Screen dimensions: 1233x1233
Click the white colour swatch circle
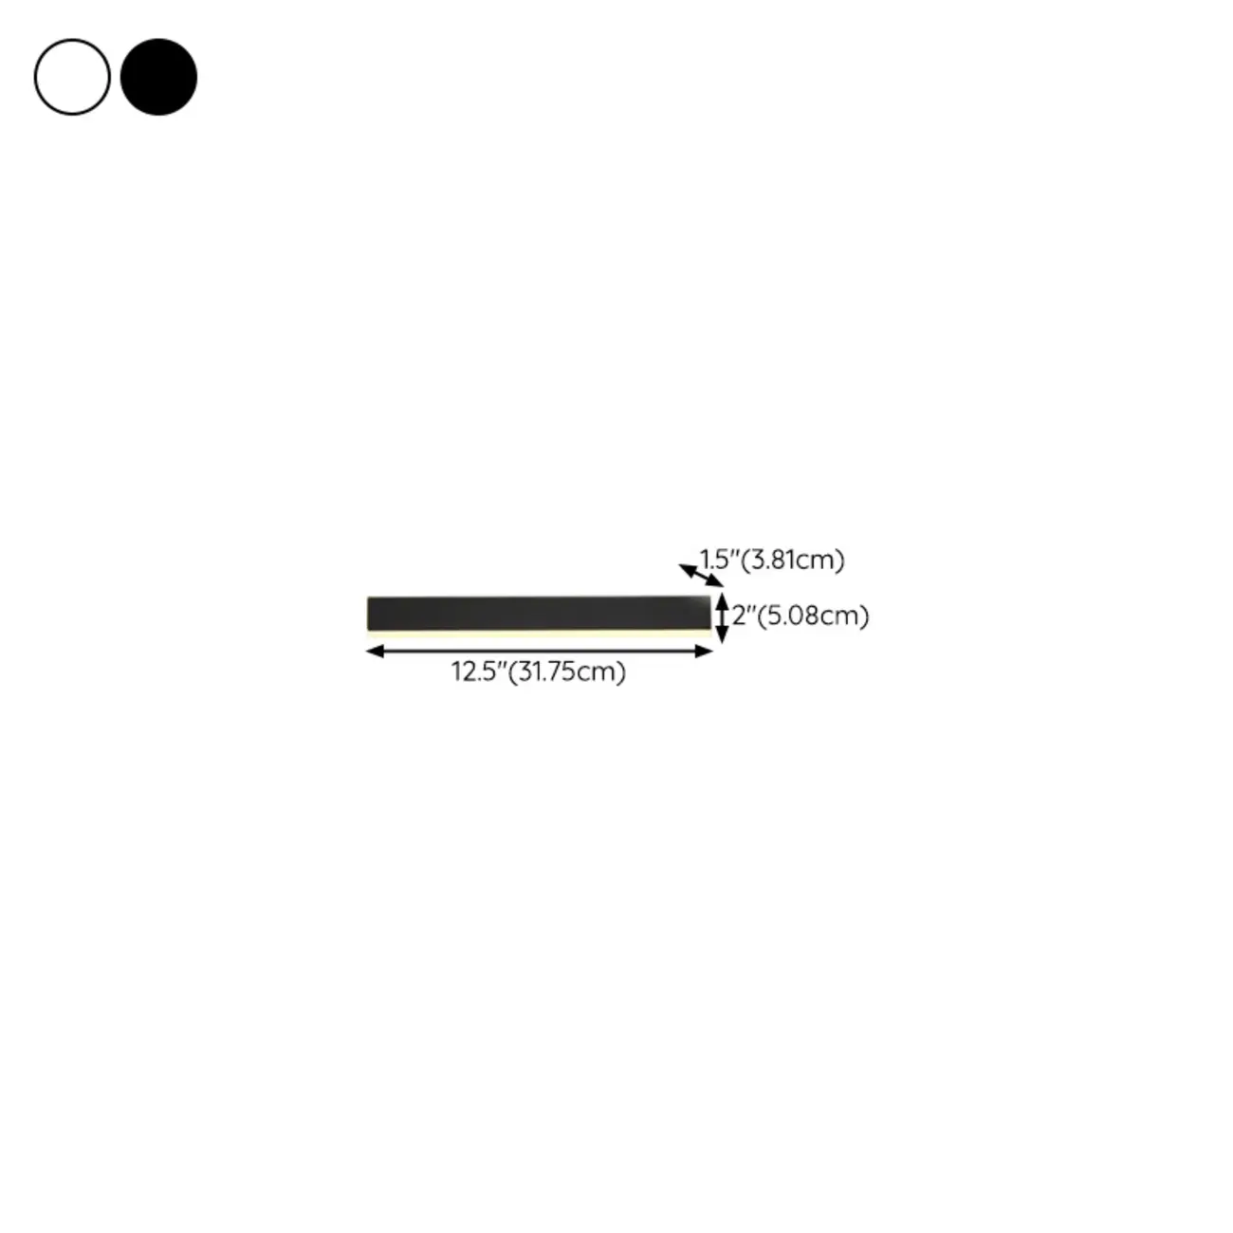[72, 77]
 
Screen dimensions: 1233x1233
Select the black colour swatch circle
[158, 77]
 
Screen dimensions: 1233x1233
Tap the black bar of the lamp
[538, 612]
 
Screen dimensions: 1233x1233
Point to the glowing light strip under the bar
[538, 631]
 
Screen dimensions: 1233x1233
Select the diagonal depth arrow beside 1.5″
[701, 575]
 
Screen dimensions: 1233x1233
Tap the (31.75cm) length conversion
[567, 672]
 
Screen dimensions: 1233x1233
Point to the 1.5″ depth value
[719, 560]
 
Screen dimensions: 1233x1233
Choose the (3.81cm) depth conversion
[792, 560]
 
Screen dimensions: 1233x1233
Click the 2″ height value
[743, 616]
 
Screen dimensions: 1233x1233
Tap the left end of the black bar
[372, 613]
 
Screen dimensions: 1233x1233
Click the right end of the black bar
[706, 612]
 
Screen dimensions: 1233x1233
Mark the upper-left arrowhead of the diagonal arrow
[685, 568]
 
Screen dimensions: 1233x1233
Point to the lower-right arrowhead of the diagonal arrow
[716, 582]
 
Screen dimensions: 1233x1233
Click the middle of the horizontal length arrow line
[539, 651]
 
